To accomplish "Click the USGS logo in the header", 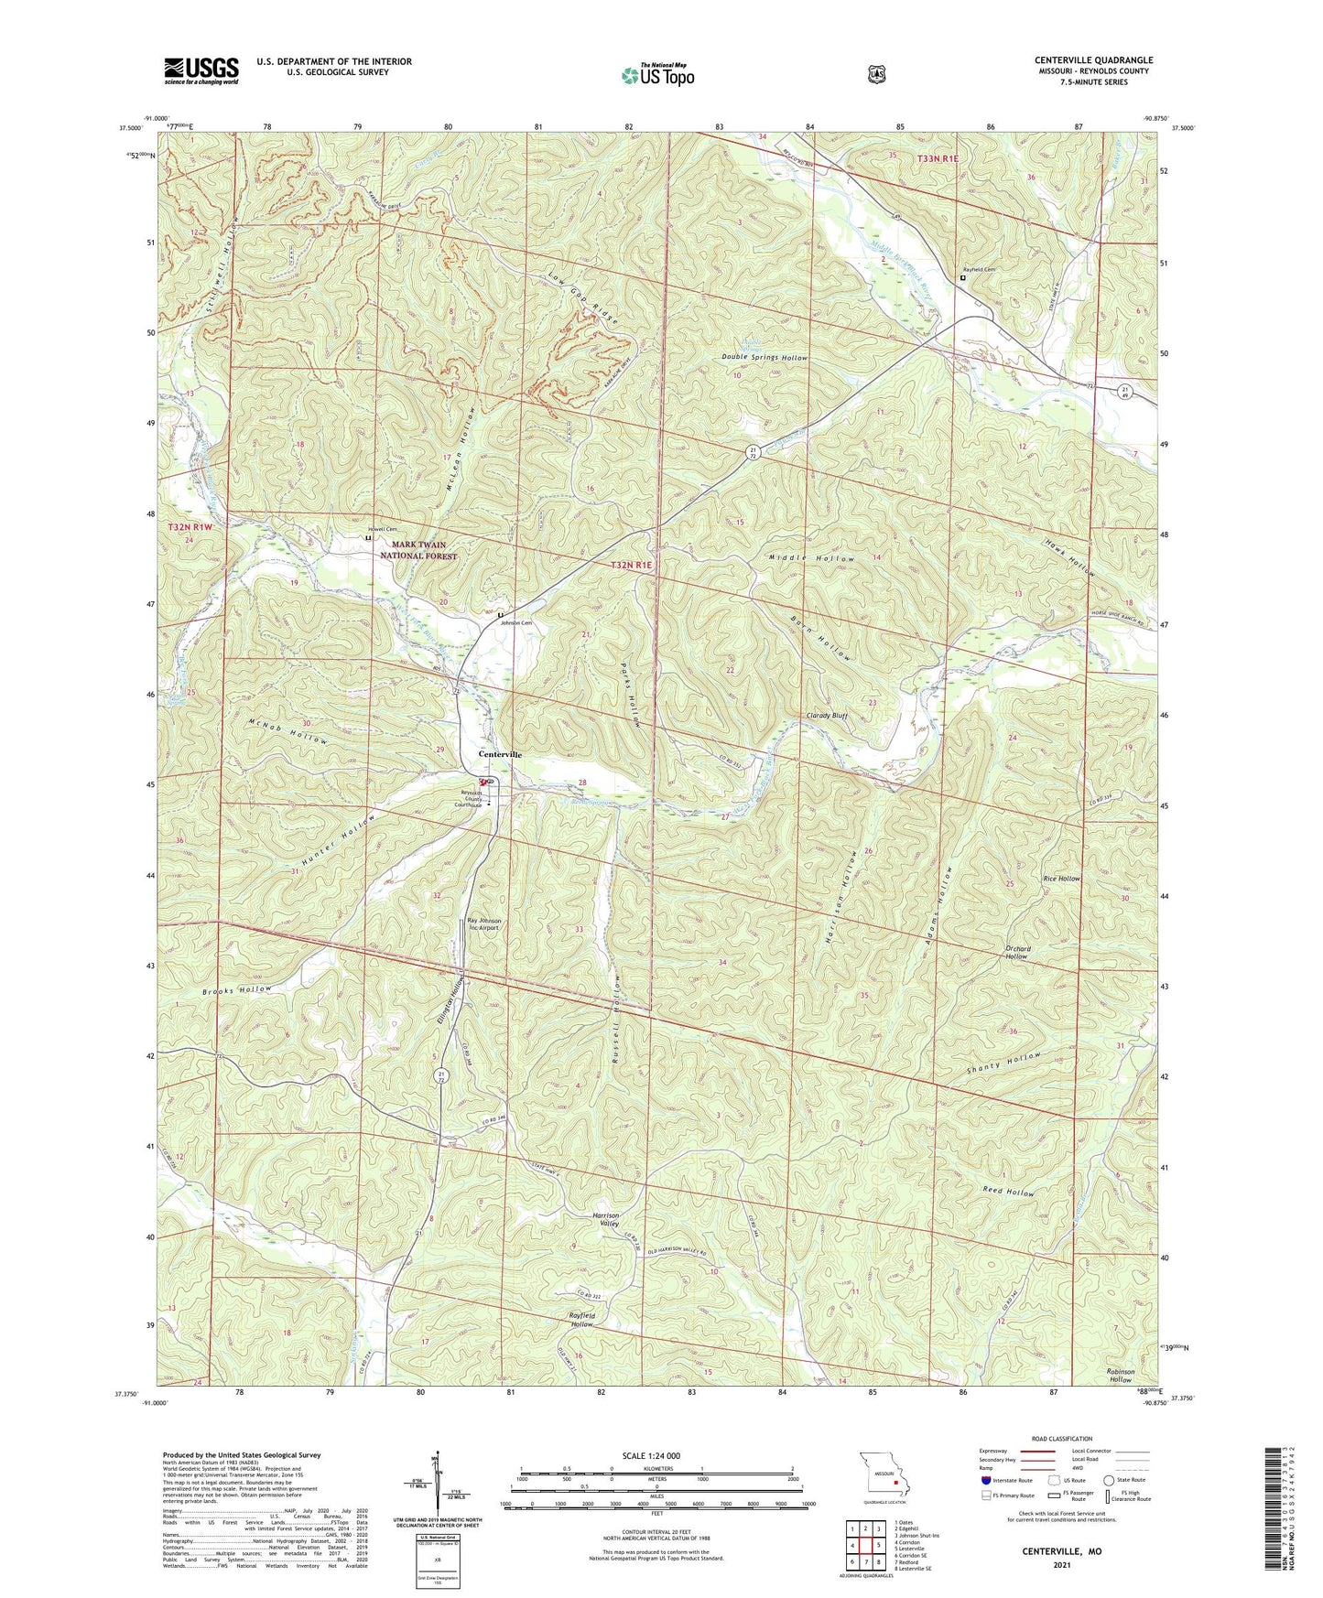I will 201,70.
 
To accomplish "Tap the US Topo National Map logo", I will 656,75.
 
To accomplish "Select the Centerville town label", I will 500,754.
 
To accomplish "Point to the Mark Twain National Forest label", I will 418,550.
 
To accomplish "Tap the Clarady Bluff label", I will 827,716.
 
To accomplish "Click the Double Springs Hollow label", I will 765,358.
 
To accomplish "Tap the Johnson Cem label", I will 515,622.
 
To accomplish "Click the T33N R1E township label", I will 938,159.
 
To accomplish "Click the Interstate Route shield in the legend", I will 985,1480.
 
